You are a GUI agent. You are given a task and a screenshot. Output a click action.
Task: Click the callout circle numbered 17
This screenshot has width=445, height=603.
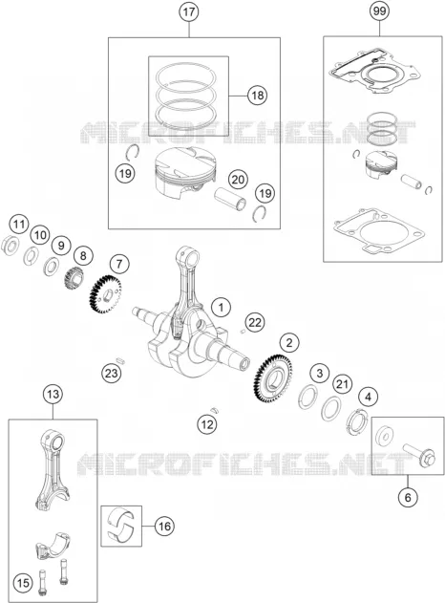[189, 11]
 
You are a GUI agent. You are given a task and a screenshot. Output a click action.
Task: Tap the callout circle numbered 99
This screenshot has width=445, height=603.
[379, 11]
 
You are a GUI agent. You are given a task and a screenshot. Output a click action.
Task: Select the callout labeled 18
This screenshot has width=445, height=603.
[257, 95]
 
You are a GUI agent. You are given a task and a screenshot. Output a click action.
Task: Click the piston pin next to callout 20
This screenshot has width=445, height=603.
[230, 198]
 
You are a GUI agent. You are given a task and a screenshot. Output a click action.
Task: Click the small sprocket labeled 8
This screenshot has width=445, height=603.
[74, 280]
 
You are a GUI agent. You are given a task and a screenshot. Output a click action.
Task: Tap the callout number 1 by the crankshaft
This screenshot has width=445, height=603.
[221, 308]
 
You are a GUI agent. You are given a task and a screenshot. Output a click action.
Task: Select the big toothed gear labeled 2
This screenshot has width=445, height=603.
[274, 378]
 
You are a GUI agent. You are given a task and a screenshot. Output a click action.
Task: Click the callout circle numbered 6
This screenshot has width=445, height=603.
[408, 497]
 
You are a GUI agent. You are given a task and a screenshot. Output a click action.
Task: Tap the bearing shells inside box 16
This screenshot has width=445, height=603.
[121, 526]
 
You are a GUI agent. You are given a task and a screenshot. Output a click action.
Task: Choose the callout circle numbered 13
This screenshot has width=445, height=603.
[53, 394]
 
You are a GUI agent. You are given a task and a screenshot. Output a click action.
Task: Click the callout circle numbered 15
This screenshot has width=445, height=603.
[23, 583]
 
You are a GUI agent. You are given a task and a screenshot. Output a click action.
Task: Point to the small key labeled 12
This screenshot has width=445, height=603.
[215, 409]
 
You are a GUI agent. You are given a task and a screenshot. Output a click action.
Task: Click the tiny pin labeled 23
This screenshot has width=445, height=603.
[121, 360]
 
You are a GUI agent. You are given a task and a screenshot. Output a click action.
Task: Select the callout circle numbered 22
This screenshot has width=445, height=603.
[255, 322]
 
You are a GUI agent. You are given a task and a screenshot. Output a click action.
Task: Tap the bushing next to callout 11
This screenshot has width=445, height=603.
[11, 245]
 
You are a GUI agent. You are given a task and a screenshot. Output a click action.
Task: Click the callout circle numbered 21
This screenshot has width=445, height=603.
[343, 384]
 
